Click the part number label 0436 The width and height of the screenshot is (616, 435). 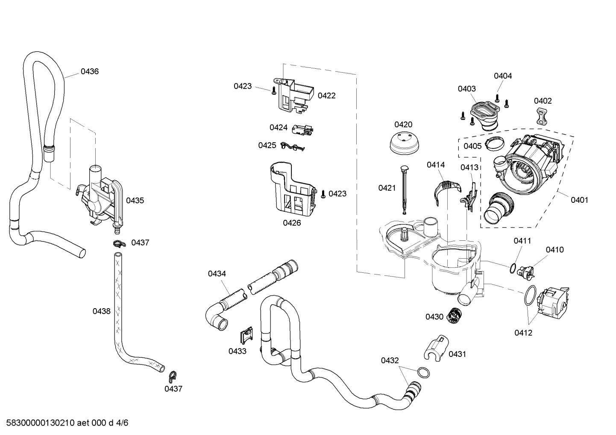pos(90,72)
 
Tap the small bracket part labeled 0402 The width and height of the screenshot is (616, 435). pos(542,117)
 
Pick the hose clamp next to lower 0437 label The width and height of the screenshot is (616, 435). pos(173,376)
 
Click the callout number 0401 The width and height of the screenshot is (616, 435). pos(579,200)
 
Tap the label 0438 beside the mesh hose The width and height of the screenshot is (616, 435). pos(102,311)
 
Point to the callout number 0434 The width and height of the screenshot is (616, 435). pos(217,274)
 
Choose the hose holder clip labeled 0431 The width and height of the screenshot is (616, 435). pos(435,348)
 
